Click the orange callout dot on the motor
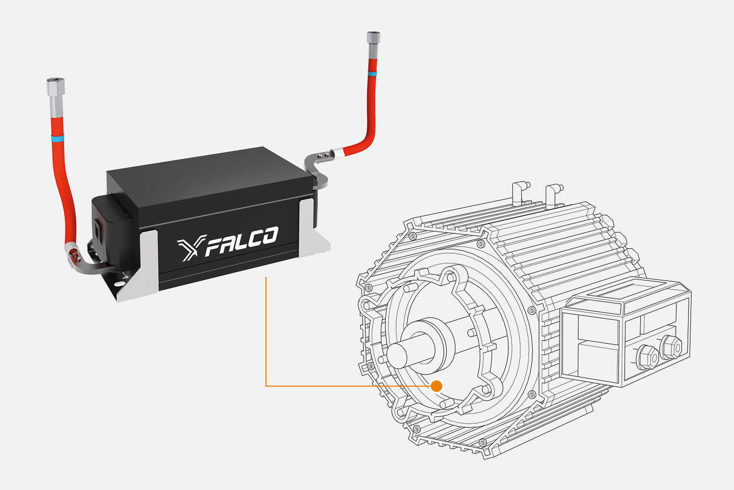(436, 386)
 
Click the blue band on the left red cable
(57, 138)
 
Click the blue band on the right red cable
(372, 74)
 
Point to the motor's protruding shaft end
(401, 355)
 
